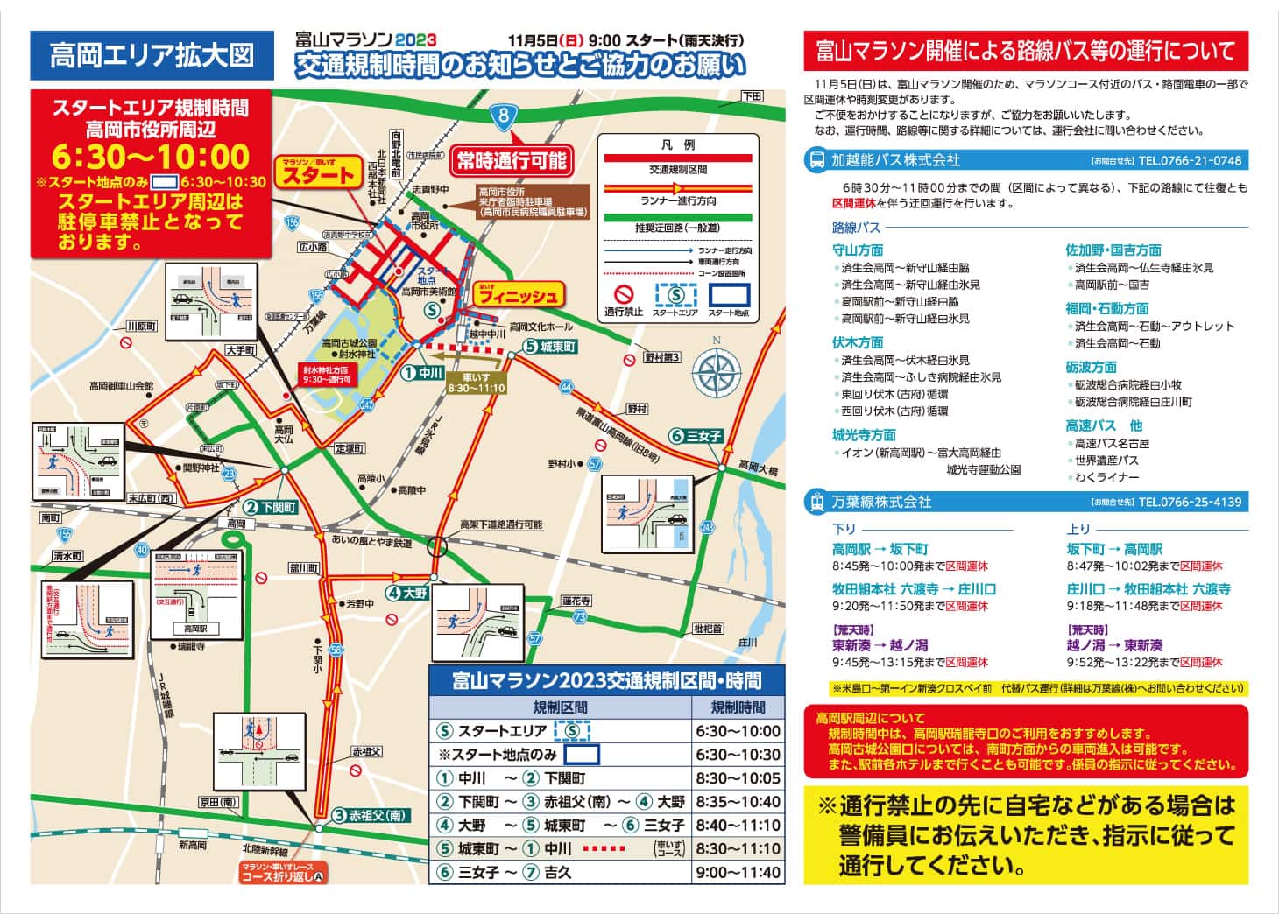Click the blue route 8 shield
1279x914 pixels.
coord(502,115)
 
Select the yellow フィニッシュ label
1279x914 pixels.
coord(517,296)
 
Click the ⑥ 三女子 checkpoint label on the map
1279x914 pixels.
coord(696,435)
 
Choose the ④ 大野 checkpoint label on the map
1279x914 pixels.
coord(407,593)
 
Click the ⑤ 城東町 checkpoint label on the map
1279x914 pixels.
coord(550,347)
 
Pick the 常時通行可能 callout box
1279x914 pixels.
coord(512,160)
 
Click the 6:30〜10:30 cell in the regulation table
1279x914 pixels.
coord(738,755)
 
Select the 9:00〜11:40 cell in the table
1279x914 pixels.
coord(738,872)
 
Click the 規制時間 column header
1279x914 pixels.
coord(738,707)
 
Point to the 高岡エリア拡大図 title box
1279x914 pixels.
coord(152,55)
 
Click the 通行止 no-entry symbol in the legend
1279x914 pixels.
coord(623,295)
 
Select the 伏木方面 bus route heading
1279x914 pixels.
coord(858,342)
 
